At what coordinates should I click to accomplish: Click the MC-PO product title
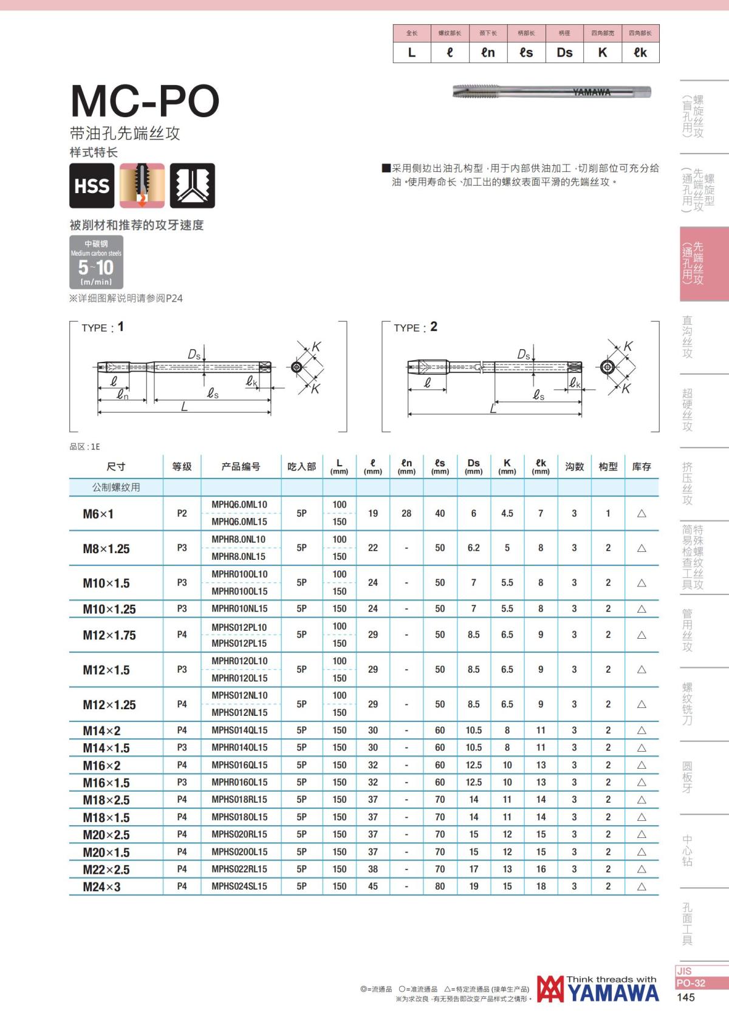(x=145, y=101)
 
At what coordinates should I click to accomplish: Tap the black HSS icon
(x=92, y=186)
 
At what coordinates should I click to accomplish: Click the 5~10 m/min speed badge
(x=96, y=262)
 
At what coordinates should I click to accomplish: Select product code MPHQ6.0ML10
(x=239, y=505)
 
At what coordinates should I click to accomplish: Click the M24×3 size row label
(x=102, y=886)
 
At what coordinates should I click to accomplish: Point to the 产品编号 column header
(x=241, y=466)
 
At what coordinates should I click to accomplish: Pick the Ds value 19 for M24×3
(x=473, y=886)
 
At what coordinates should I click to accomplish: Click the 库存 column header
(x=641, y=466)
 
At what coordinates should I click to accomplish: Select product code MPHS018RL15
(x=239, y=800)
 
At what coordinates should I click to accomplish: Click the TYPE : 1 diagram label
(x=103, y=327)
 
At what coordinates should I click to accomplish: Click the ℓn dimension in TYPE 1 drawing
(x=123, y=395)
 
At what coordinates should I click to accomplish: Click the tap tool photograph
(x=551, y=92)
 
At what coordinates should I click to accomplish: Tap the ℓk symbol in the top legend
(x=640, y=53)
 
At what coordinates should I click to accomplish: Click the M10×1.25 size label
(x=109, y=609)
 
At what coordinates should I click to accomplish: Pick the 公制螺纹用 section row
(x=116, y=488)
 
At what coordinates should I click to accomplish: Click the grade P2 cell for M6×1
(x=182, y=514)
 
